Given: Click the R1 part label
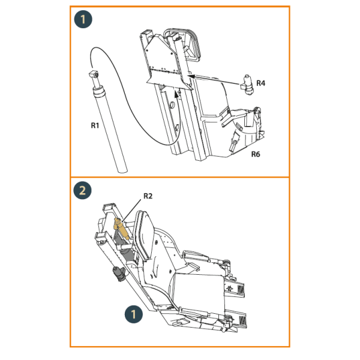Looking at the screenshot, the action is (95, 125).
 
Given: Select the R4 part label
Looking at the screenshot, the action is (260, 83).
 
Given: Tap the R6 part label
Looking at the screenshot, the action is (256, 154).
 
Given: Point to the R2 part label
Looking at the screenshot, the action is (148, 196).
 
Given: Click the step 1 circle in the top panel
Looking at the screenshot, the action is (83, 19).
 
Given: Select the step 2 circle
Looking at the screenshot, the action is (82, 190).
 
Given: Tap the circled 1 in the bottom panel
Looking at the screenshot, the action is (134, 314).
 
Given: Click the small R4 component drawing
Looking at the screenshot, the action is (247, 85).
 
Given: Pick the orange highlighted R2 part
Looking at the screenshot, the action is (121, 229).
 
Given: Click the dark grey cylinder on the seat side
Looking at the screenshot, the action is (118, 274).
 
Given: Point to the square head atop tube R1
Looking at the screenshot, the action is (94, 74).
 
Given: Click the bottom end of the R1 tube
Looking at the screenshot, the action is (122, 170).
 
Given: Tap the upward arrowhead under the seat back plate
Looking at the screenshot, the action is (176, 94).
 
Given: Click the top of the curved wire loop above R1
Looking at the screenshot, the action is (96, 47).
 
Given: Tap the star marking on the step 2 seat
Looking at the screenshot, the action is (230, 288).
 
